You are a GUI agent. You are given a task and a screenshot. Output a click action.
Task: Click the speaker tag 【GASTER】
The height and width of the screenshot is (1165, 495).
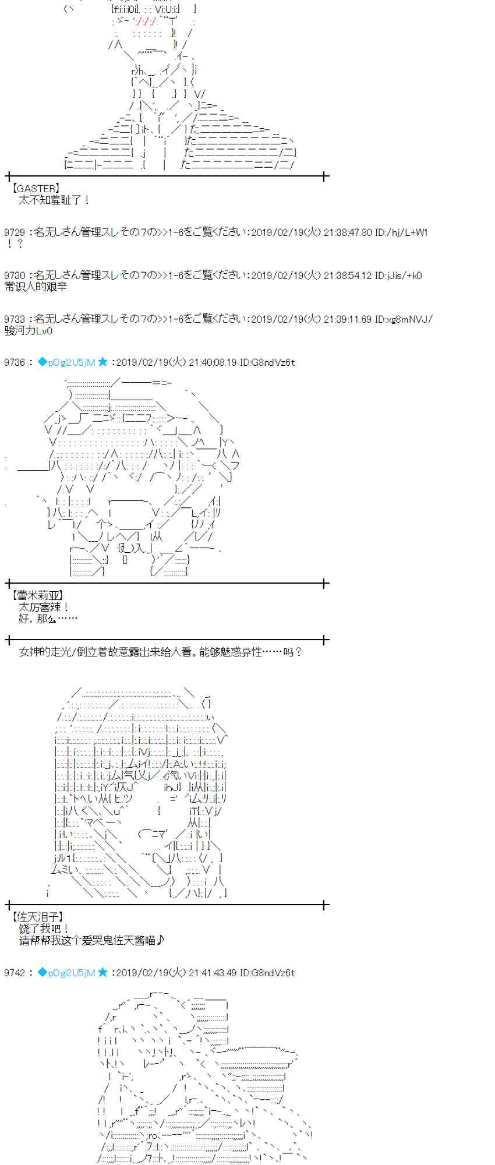click(35, 188)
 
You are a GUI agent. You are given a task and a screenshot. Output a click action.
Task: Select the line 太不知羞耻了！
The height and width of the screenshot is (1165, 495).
click(54, 200)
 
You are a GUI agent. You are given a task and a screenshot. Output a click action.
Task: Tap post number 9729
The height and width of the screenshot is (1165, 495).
click(14, 232)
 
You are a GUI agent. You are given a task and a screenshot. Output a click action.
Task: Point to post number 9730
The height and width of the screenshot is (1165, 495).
click(14, 276)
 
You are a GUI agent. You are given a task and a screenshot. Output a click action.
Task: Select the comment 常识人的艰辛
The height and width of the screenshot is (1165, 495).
click(36, 287)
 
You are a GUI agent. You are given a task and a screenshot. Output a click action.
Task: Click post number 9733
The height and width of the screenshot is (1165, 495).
click(14, 319)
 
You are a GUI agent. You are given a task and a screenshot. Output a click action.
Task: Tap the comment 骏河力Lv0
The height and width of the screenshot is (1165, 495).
click(28, 331)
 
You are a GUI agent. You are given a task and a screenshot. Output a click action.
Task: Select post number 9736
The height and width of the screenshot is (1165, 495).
click(14, 362)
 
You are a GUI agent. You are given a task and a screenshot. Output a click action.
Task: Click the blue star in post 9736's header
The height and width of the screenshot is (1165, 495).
click(102, 362)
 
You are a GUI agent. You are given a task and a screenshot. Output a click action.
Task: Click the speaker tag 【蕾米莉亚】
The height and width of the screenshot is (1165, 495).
click(37, 595)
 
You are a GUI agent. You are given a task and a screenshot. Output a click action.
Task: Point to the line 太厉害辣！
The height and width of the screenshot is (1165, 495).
click(44, 607)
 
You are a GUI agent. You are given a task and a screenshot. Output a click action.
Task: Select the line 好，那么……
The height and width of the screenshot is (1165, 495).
click(48, 618)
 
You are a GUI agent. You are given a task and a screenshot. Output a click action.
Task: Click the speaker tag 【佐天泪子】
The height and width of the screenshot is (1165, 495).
click(37, 917)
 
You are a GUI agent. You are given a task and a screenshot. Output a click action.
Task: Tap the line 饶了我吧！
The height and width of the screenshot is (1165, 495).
click(44, 929)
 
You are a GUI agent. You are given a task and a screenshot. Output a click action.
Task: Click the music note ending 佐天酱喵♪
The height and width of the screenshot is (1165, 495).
click(161, 940)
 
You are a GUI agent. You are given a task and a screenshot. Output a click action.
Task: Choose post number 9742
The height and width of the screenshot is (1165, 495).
click(14, 973)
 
